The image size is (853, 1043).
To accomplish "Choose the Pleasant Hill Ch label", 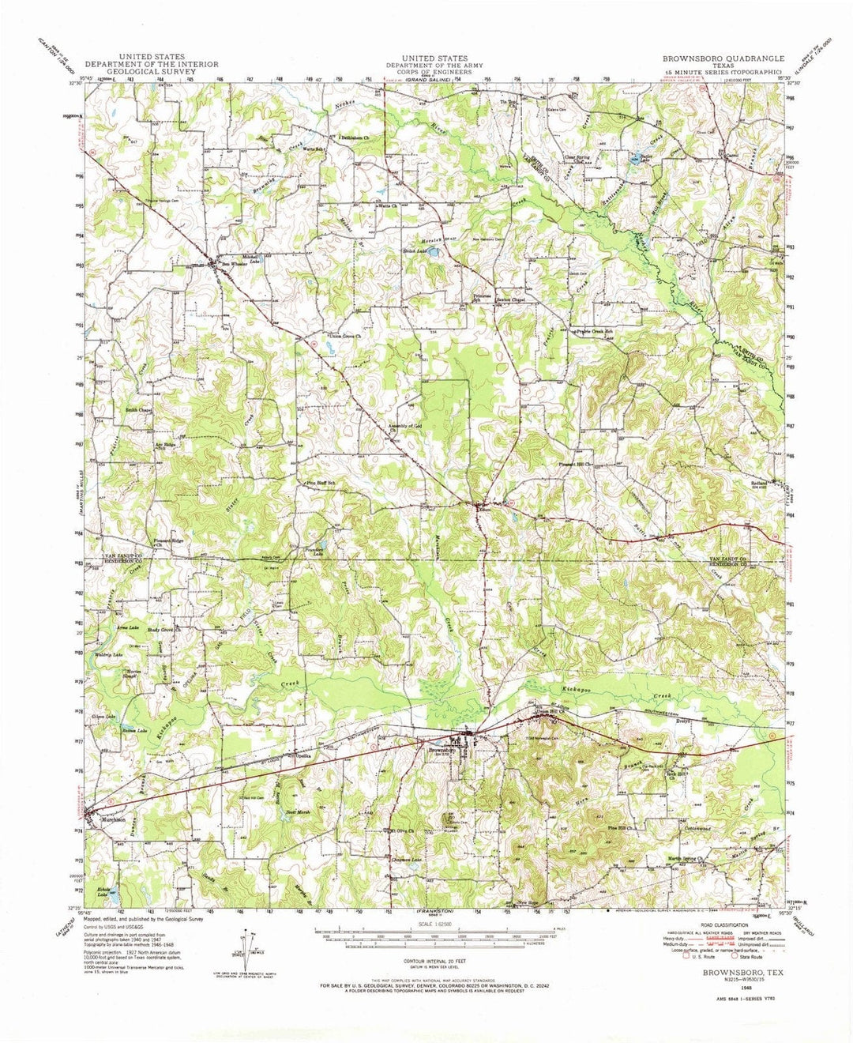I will [575, 465].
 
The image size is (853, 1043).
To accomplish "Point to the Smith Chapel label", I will [138, 410].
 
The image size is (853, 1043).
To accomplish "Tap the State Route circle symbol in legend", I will [731, 956].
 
